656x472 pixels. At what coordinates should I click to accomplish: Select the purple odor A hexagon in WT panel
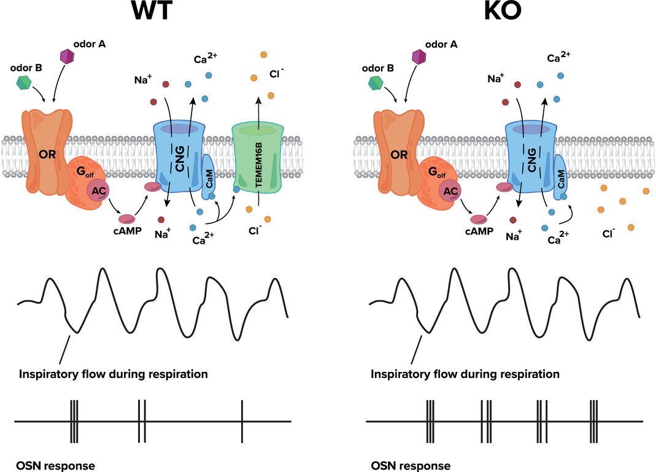[68, 56]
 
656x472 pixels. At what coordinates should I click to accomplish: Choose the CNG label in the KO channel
[530, 160]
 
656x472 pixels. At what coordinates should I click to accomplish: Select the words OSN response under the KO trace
[411, 466]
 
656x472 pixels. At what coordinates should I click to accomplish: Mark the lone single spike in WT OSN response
[242, 421]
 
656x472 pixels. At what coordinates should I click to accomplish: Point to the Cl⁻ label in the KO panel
[609, 234]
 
